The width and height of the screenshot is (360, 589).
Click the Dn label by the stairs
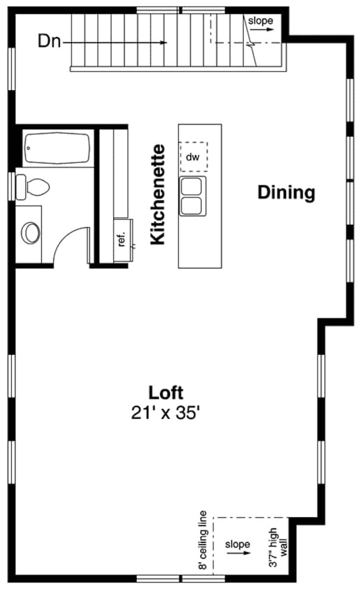(49, 42)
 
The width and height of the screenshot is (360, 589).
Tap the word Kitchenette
(158, 194)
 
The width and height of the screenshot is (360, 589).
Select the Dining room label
(286, 192)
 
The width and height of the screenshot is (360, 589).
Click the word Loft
(166, 393)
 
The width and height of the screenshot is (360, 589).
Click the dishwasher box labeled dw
(193, 157)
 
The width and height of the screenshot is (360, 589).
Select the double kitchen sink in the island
(193, 196)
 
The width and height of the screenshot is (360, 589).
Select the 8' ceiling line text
(203, 540)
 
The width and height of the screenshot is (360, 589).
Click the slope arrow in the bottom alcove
(238, 553)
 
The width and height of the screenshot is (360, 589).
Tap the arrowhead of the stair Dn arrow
(165, 43)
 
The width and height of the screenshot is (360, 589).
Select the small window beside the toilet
(12, 186)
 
